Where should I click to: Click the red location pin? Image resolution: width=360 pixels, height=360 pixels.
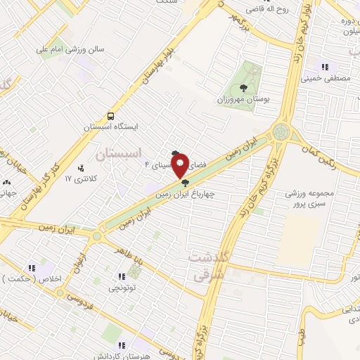click(x=180, y=166)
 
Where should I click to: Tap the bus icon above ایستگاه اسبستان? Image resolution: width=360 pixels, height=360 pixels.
click(x=110, y=116)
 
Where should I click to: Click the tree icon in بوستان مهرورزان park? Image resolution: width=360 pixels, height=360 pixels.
click(x=243, y=88)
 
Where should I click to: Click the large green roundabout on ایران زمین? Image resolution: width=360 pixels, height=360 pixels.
click(x=281, y=131)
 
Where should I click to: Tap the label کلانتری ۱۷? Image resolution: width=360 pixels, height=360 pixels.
click(x=79, y=179)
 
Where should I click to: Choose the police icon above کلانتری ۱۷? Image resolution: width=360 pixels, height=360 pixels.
click(x=81, y=168)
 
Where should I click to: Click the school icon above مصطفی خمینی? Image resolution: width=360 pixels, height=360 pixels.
click(x=324, y=67)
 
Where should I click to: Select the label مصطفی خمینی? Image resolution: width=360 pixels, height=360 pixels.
click(x=324, y=79)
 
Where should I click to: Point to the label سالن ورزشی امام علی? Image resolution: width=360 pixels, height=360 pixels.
click(x=70, y=50)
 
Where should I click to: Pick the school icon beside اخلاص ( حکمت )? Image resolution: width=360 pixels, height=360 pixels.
click(x=32, y=268)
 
